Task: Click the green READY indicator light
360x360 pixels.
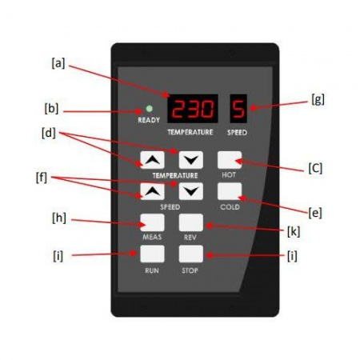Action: (150, 109)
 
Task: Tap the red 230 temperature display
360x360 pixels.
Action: (193, 109)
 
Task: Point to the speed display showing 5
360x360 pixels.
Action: (238, 109)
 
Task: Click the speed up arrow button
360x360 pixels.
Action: (152, 191)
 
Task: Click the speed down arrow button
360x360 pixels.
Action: (191, 191)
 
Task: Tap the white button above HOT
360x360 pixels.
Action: (230, 160)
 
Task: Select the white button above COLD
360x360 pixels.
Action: (230, 191)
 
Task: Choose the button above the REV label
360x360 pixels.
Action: (191, 222)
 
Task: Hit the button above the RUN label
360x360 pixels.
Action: (152, 254)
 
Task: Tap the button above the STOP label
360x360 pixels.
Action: (191, 254)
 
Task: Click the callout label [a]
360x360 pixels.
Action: (58, 63)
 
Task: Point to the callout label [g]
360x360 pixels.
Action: (318, 100)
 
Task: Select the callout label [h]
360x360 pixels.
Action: (59, 218)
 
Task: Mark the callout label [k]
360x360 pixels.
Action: (294, 231)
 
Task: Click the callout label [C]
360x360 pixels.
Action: (315, 169)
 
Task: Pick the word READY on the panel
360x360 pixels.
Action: (149, 120)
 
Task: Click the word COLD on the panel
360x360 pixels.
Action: (230, 207)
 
